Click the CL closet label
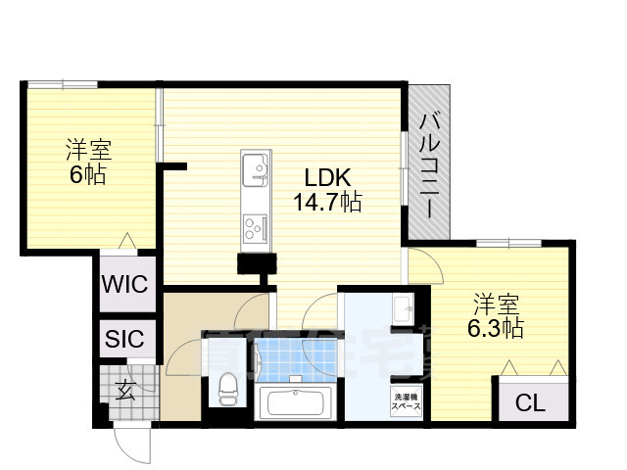(530, 402)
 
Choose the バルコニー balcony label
(430, 162)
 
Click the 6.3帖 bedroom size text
(495, 328)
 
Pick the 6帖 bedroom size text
(87, 176)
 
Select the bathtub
(296, 402)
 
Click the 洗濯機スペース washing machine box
(405, 402)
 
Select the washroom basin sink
(404, 310)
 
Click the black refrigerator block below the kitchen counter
(257, 262)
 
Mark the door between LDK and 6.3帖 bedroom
(422, 266)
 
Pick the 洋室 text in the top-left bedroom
(88, 152)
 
